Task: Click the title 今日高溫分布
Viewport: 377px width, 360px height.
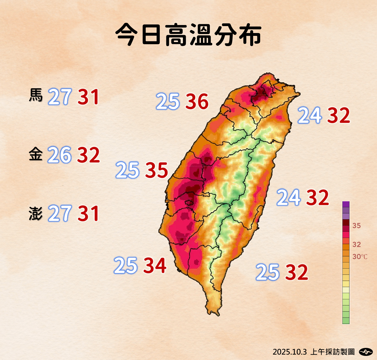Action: click(x=188, y=35)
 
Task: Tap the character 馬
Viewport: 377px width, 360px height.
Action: click(x=36, y=95)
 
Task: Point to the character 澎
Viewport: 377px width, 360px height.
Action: click(x=36, y=213)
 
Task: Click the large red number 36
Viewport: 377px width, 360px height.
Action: click(x=197, y=101)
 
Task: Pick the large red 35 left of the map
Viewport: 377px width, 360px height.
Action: click(x=157, y=170)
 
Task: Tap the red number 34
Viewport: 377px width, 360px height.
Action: click(x=155, y=266)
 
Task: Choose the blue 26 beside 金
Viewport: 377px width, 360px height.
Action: click(x=59, y=155)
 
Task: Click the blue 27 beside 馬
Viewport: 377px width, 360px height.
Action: click(x=60, y=97)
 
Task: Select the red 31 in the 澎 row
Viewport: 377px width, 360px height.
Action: click(x=88, y=213)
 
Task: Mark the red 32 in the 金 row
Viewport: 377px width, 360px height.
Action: click(x=88, y=155)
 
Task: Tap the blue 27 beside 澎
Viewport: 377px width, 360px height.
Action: click(x=60, y=213)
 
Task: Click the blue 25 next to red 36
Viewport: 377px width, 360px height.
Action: click(x=168, y=101)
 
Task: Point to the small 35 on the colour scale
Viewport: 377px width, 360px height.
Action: click(x=357, y=226)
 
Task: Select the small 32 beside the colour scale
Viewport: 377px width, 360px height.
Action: click(x=357, y=244)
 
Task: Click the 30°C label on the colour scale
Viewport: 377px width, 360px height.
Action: click(x=360, y=257)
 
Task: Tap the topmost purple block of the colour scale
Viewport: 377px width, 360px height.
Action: click(x=346, y=204)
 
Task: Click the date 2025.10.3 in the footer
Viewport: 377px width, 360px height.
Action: click(x=290, y=352)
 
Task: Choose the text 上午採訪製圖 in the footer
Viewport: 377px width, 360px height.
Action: click(x=332, y=352)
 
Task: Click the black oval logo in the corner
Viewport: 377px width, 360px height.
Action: click(x=366, y=351)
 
